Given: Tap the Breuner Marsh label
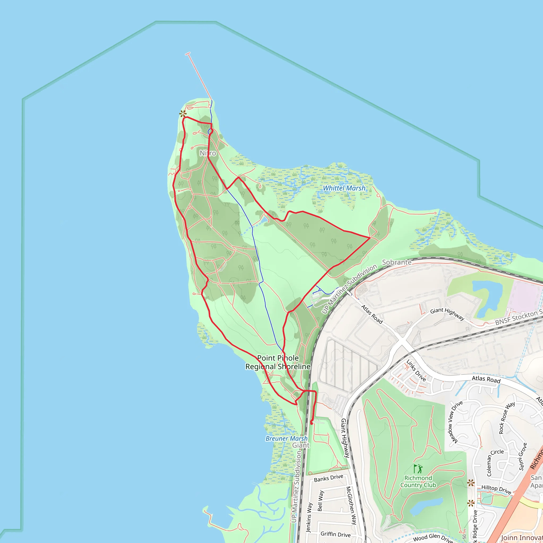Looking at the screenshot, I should (286, 439).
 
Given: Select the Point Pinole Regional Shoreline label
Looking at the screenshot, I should (278, 362).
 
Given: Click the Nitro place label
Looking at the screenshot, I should (208, 153).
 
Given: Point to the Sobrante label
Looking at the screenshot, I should (397, 262).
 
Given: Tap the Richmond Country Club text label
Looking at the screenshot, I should (418, 481).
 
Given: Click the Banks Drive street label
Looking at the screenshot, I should (329, 478).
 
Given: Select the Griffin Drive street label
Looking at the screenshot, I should (336, 534).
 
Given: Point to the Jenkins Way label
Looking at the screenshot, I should (309, 517).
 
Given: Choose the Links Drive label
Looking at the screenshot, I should (416, 370).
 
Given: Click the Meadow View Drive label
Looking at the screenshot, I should (455, 422).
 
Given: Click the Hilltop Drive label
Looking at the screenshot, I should (496, 489).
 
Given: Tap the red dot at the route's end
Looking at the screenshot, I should (312, 423).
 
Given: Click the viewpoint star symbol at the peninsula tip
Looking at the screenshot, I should (183, 114).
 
